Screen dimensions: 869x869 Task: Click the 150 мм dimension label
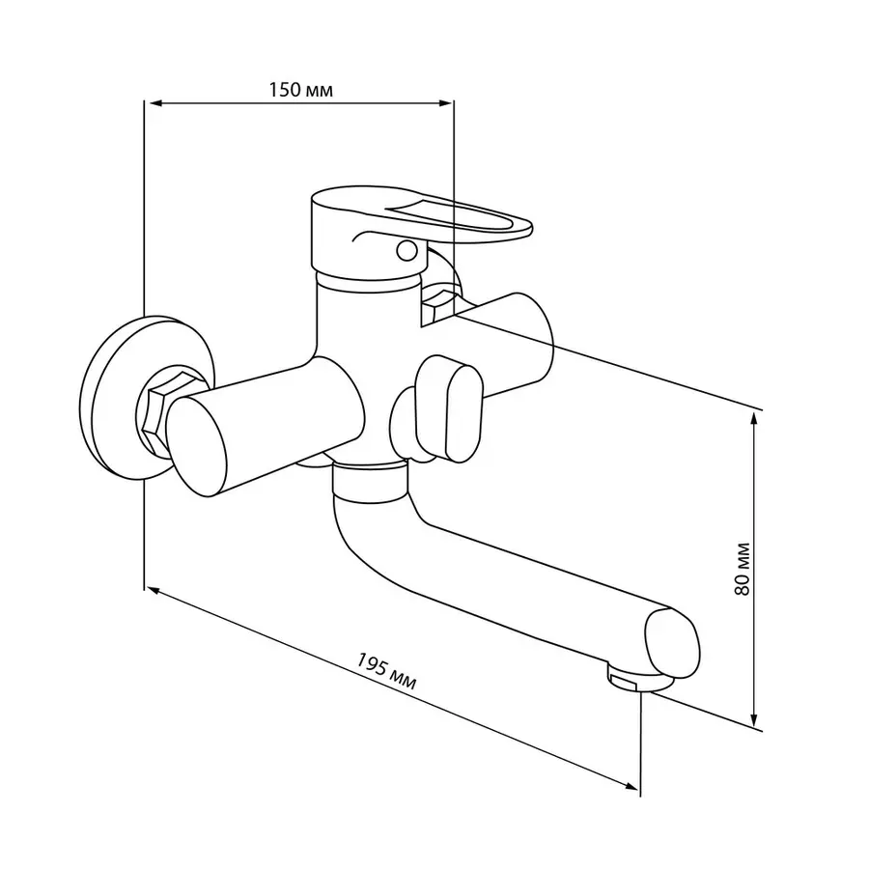301,90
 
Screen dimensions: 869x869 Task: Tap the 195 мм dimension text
385,671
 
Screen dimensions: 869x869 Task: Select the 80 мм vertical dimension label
742,569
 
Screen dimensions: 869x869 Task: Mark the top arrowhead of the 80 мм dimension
754,420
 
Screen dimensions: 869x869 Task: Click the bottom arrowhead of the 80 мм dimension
754,719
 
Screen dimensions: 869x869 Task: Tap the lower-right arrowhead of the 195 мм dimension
631,786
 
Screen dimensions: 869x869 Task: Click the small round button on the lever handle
407,251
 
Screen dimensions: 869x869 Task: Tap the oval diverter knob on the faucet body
449,408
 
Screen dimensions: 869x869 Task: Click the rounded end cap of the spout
672,643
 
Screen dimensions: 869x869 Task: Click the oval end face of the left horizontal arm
197,447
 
